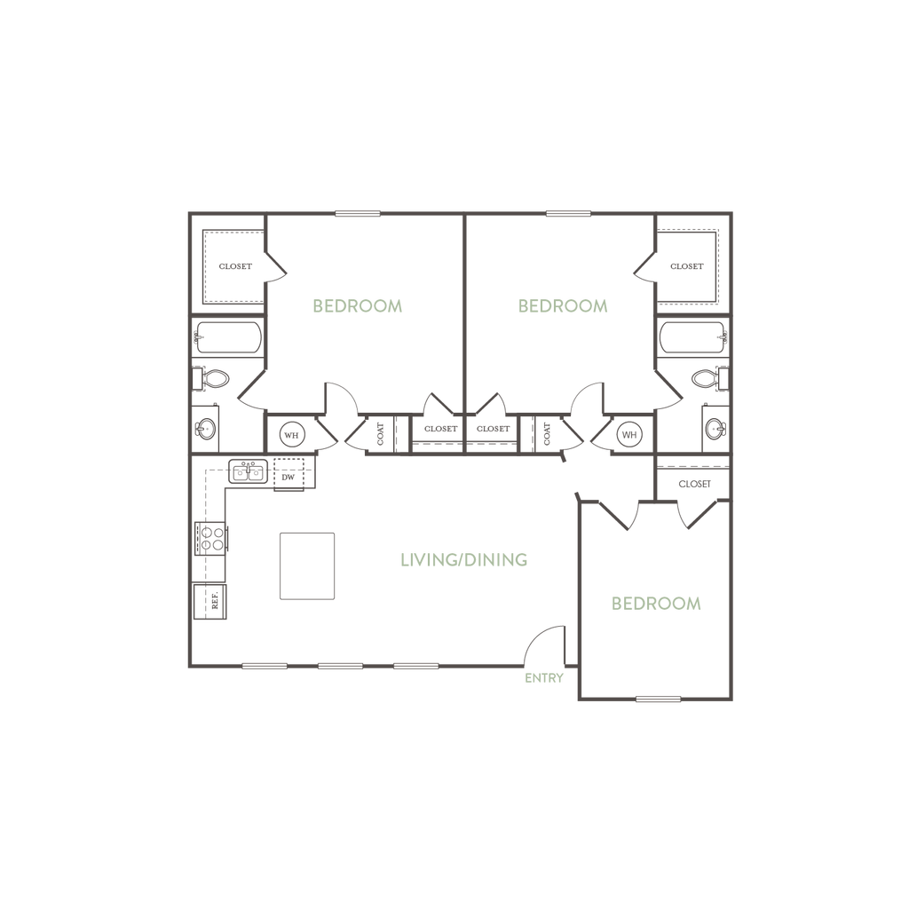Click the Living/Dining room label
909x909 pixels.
[x=464, y=560]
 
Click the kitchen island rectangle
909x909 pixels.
[x=307, y=565]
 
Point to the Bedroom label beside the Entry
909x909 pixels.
[x=657, y=603]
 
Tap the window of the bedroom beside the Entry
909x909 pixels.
[x=658, y=699]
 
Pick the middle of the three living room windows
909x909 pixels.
[x=341, y=666]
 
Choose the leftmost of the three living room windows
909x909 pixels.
[x=265, y=666]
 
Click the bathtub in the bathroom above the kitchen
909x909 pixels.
[x=228, y=338]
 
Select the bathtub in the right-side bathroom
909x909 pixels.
[x=693, y=338]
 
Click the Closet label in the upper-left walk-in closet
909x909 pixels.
[x=236, y=266]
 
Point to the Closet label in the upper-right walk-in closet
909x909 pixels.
[x=686, y=266]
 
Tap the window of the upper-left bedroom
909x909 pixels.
[x=358, y=213]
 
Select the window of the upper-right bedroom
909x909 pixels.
[x=568, y=213]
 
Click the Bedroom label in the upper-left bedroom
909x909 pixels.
[x=359, y=305]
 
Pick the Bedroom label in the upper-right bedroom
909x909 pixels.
[x=563, y=305]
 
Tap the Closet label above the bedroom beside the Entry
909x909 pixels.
[x=694, y=485]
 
